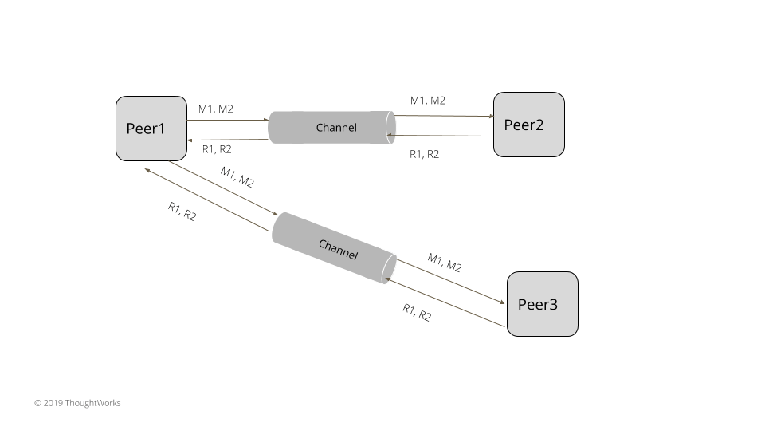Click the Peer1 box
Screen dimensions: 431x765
pos(151,129)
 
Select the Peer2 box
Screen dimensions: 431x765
pos(528,125)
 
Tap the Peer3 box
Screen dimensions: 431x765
pos(542,304)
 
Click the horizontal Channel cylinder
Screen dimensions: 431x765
pos(331,128)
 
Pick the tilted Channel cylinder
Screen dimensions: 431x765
pos(334,247)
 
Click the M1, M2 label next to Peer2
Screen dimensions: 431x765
pos(428,101)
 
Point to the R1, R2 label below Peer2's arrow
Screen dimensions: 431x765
pos(424,154)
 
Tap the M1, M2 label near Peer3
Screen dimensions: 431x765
pos(444,263)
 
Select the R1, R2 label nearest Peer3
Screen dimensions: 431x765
pos(417,312)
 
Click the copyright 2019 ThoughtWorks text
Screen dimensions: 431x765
pos(77,403)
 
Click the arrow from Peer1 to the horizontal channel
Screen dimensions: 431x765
pos(227,121)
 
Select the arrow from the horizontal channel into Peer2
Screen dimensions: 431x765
pos(444,116)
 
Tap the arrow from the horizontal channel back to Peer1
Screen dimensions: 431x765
pos(227,140)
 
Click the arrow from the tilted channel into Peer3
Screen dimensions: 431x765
pos(451,281)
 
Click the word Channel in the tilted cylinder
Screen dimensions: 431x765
pos(338,248)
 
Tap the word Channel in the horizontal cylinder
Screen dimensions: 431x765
pos(336,128)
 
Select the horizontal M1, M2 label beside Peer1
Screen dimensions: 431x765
pos(216,109)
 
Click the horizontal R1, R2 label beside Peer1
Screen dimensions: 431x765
pos(217,149)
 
